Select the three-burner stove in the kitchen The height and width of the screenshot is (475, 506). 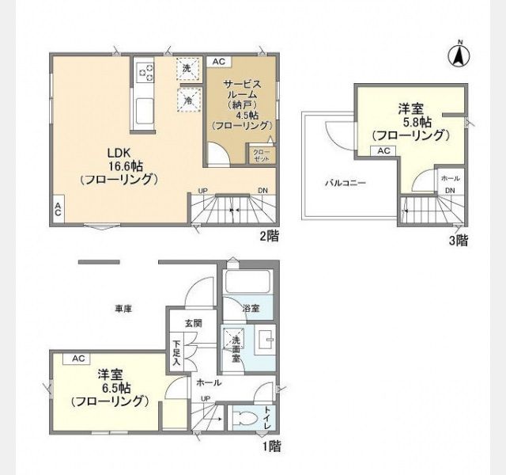(x=145, y=74)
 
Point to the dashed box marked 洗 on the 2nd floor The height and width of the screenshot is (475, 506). (x=187, y=69)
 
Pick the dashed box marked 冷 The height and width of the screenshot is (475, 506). (x=187, y=100)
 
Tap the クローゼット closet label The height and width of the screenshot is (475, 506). (x=260, y=154)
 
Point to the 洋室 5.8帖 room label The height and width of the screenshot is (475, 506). (x=410, y=122)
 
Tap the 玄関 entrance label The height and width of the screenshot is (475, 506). (x=193, y=323)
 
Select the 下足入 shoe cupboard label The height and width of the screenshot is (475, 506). (x=176, y=351)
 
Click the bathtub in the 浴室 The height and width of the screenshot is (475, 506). (x=247, y=284)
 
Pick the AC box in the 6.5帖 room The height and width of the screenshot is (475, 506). (x=78, y=359)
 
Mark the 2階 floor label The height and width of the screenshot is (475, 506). (x=269, y=235)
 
